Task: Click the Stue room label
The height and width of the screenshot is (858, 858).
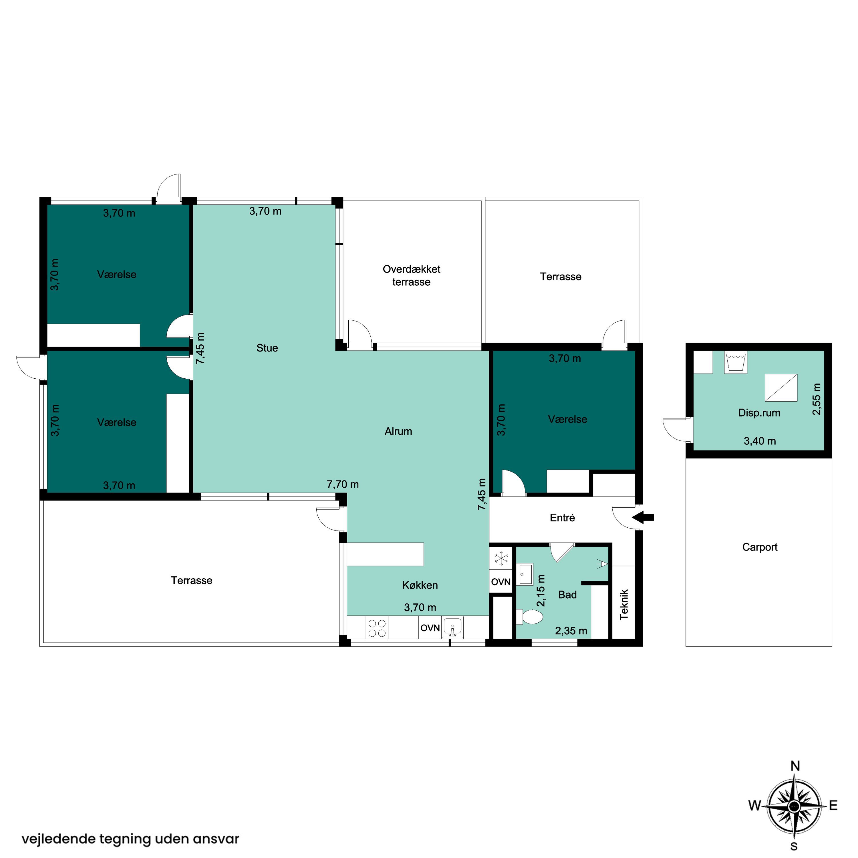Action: pyautogui.click(x=267, y=348)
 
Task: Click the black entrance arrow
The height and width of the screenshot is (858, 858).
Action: pyautogui.click(x=643, y=517)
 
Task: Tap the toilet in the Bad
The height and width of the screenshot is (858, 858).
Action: pyautogui.click(x=530, y=616)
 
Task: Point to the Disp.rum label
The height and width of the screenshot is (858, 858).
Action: pyautogui.click(x=759, y=413)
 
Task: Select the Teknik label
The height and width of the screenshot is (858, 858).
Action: pyautogui.click(x=624, y=604)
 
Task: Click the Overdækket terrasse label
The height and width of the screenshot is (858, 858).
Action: pyautogui.click(x=411, y=275)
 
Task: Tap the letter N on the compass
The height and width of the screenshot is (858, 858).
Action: pyautogui.click(x=795, y=766)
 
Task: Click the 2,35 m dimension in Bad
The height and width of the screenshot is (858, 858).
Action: pyautogui.click(x=571, y=631)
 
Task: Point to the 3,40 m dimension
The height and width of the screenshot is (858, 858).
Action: pyautogui.click(x=760, y=441)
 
